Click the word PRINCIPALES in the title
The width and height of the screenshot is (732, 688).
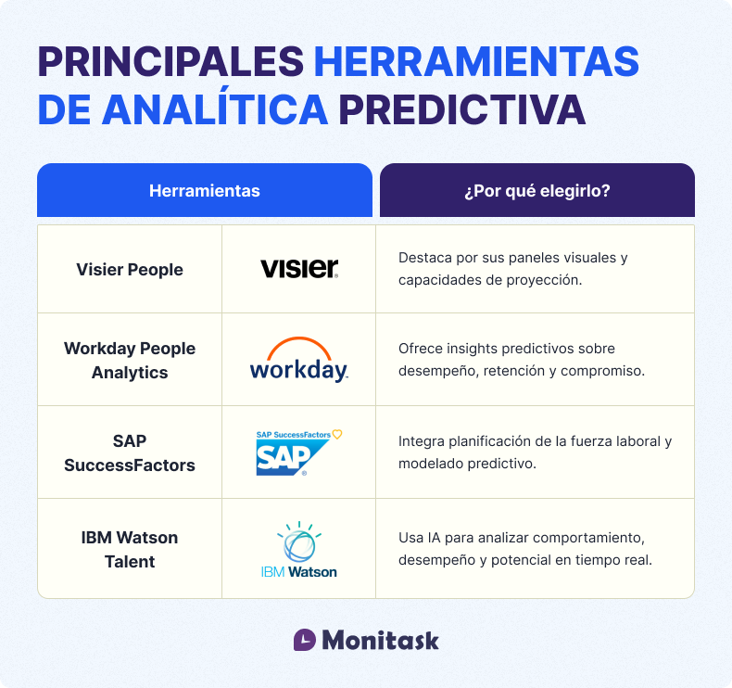pyautogui.click(x=170, y=62)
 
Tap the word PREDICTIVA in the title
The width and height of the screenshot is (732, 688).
pyautogui.click(x=461, y=109)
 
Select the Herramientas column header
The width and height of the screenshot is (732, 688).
pyautogui.click(x=204, y=191)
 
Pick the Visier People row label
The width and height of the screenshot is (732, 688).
pyautogui.click(x=130, y=270)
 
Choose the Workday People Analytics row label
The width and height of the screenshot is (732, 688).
pyautogui.click(x=130, y=360)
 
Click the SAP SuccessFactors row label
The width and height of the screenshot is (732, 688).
pyautogui.click(x=130, y=452)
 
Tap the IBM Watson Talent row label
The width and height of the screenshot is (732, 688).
pyautogui.click(x=130, y=549)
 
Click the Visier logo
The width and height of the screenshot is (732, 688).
pyautogui.click(x=299, y=269)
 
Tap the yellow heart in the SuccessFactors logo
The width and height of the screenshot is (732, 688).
pyautogui.click(x=337, y=433)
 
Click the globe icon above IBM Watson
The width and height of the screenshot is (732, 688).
pyautogui.click(x=299, y=541)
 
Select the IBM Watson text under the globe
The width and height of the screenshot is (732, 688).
pyautogui.click(x=299, y=572)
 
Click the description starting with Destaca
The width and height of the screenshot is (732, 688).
pyautogui.click(x=512, y=268)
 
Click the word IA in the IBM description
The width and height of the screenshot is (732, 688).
pyautogui.click(x=435, y=538)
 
